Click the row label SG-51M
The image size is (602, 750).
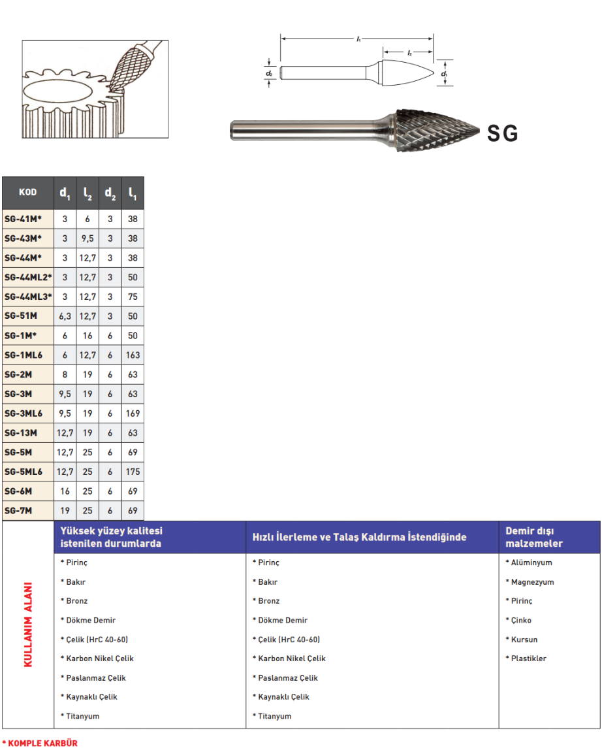coord(21,316)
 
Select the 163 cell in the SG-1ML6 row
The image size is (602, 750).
coord(133,355)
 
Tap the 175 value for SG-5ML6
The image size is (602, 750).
coord(133,472)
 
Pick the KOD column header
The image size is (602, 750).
coord(28,193)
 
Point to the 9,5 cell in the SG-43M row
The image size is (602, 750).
coord(87,239)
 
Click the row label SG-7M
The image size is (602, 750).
coord(18,510)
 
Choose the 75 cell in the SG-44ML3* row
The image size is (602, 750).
coord(133,297)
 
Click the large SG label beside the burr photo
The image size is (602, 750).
coord(502,133)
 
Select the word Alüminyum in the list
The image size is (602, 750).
coord(530,562)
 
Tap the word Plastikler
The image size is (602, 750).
coord(528,659)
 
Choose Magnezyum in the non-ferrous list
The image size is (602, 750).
coord(531,582)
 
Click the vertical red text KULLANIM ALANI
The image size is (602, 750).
coord(28,624)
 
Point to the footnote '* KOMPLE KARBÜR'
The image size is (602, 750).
coord(40,743)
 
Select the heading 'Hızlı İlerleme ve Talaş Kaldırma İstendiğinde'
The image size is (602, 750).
coord(360,538)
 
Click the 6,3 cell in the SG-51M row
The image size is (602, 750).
coord(65,316)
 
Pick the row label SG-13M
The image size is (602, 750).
coord(21,433)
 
